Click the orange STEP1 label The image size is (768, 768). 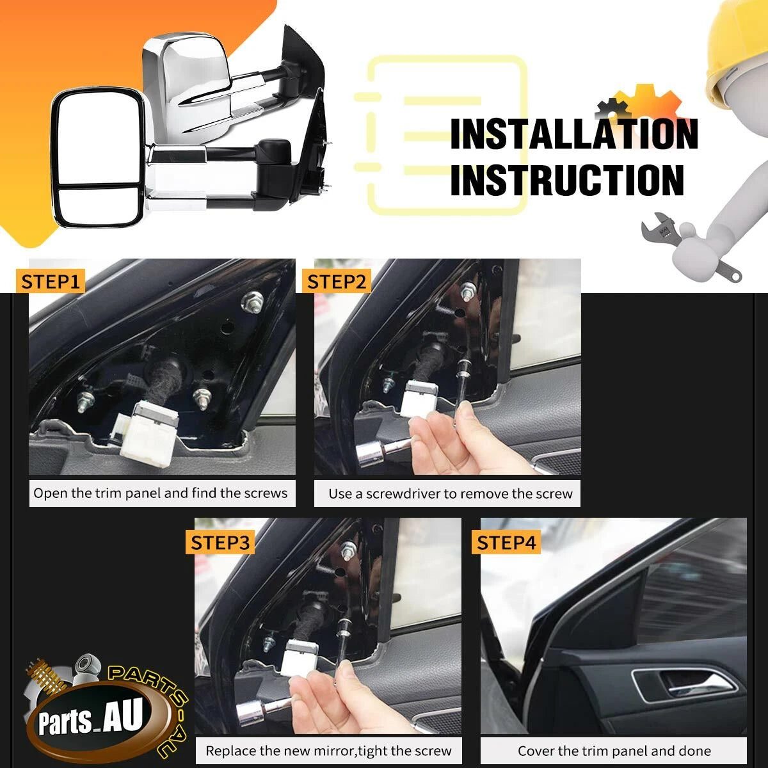coord(50,282)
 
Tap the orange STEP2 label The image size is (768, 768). coord(337,282)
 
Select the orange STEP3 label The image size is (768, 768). coord(220,543)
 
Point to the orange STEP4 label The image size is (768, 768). coord(506,543)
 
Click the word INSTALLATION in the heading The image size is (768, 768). coord(574,134)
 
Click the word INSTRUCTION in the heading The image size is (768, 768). coord(568,180)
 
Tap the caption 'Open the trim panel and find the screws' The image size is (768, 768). coord(160,493)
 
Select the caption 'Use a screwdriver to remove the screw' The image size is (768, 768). coord(451,494)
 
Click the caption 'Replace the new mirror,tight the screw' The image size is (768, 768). coord(328,751)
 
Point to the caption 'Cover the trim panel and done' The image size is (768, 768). coord(614,751)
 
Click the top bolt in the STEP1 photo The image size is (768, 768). coord(252,301)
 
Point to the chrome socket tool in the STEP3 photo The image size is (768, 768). coord(260,712)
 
